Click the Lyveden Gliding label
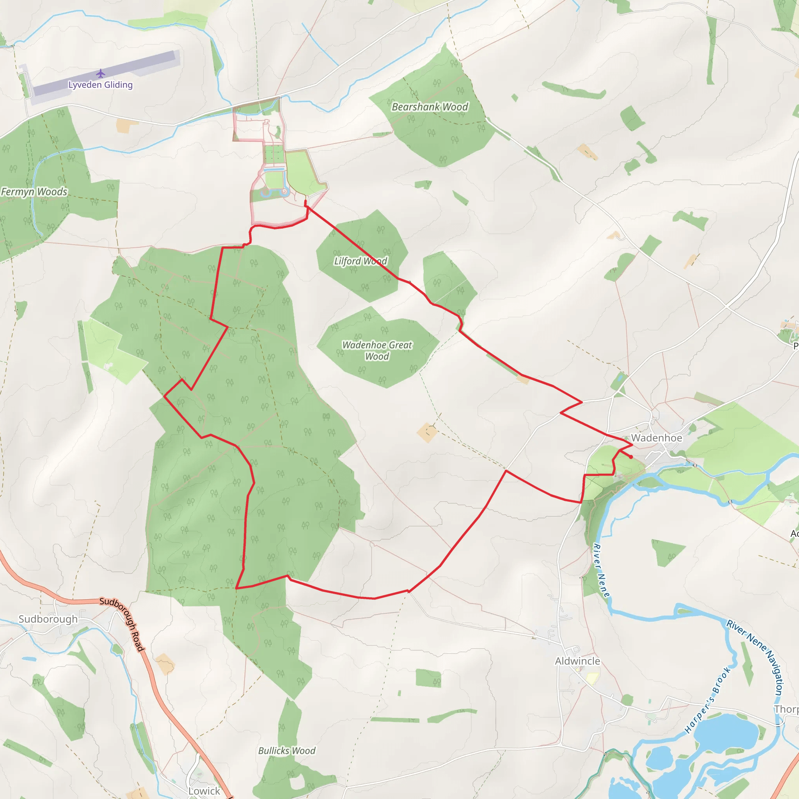[101, 85]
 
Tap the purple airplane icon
[101, 74]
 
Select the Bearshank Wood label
[430, 107]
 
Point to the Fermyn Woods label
[34, 192]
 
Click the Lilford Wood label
[360, 261]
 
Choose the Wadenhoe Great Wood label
[377, 350]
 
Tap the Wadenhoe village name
[656, 438]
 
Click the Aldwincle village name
[577, 661]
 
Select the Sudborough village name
[48, 619]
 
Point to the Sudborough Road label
[123, 625]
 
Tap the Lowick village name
[204, 791]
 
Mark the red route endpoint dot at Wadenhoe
[631, 457]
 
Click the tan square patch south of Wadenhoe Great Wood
[427, 433]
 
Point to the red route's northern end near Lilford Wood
[305, 202]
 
